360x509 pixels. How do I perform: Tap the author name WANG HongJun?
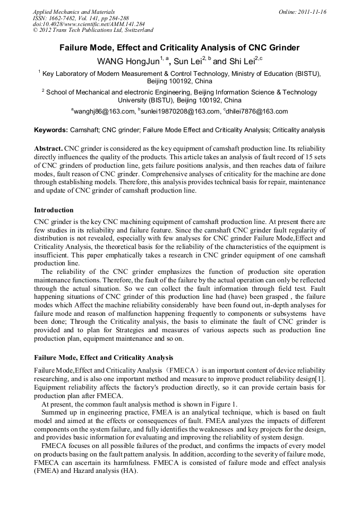click(127, 62)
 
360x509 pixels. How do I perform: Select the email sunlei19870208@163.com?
click(180, 112)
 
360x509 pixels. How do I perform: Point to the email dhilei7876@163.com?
click(258, 112)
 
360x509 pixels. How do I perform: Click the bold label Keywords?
click(51, 130)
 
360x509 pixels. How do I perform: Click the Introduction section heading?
click(54, 210)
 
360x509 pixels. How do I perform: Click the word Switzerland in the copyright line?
click(137, 30)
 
